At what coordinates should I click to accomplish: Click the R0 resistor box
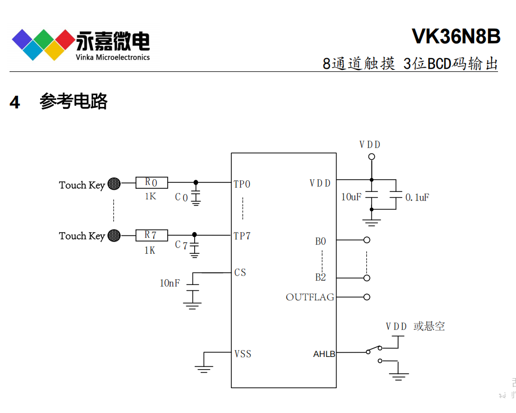151,183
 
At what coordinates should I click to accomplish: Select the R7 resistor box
151,235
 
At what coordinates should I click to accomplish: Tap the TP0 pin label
242,184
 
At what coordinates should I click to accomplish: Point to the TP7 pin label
242,236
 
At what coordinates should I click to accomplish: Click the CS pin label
240,273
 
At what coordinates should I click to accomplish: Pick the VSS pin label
242,354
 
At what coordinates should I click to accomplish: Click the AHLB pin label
324,354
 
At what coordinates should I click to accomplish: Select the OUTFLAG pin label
310,297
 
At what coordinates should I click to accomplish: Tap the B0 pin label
321,242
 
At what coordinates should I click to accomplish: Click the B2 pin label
321,278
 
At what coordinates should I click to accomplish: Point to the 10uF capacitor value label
351,197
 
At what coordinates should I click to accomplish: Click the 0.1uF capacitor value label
417,197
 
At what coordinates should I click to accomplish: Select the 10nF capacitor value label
170,283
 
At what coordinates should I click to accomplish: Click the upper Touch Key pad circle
114,183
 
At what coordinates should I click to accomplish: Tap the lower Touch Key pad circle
114,235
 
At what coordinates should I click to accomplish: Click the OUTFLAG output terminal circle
367,297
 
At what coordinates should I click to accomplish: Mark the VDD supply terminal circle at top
372,157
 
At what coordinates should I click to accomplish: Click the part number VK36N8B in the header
456,37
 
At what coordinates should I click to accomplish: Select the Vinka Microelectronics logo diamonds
43,44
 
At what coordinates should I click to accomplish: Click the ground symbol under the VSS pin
204,368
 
